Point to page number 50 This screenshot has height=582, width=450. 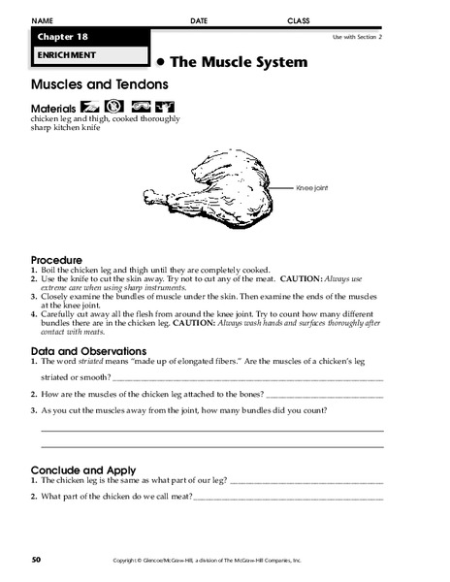(36, 561)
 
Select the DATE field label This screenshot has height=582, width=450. (199, 19)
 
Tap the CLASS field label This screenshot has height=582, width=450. (299, 19)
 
